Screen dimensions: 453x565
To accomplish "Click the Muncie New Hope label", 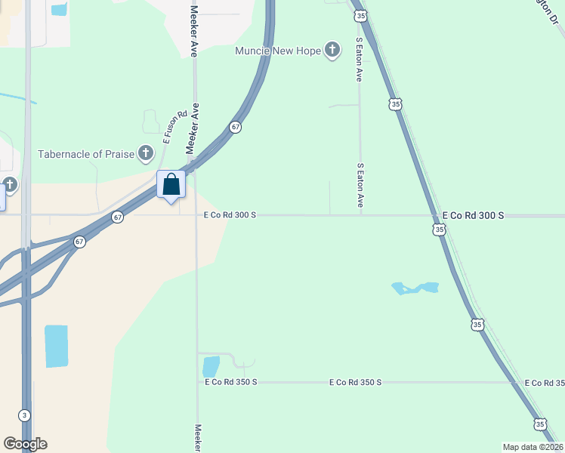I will click(278, 51).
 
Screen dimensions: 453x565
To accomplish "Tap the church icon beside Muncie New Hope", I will click(332, 51).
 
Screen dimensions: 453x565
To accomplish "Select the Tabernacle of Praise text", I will click(85, 154).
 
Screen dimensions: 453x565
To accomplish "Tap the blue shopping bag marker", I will click(171, 185).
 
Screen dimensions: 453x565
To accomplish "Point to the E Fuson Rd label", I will click(174, 127).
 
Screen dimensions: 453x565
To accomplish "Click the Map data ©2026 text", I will click(533, 447).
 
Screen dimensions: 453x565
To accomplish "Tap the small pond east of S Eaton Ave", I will click(415, 288).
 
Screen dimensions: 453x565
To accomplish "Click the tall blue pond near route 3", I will click(56, 346).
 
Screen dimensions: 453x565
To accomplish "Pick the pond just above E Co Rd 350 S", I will click(211, 366).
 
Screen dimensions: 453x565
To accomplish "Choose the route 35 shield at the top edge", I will click(362, 15).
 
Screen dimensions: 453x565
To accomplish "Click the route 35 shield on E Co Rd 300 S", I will click(440, 228).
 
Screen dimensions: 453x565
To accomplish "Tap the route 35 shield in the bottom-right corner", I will click(539, 425).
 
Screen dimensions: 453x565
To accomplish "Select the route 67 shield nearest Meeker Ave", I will click(236, 128).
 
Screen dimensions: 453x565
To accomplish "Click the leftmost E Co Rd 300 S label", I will click(230, 215).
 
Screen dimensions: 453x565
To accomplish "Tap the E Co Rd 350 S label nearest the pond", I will click(231, 383).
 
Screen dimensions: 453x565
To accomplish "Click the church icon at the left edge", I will click(9, 184).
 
